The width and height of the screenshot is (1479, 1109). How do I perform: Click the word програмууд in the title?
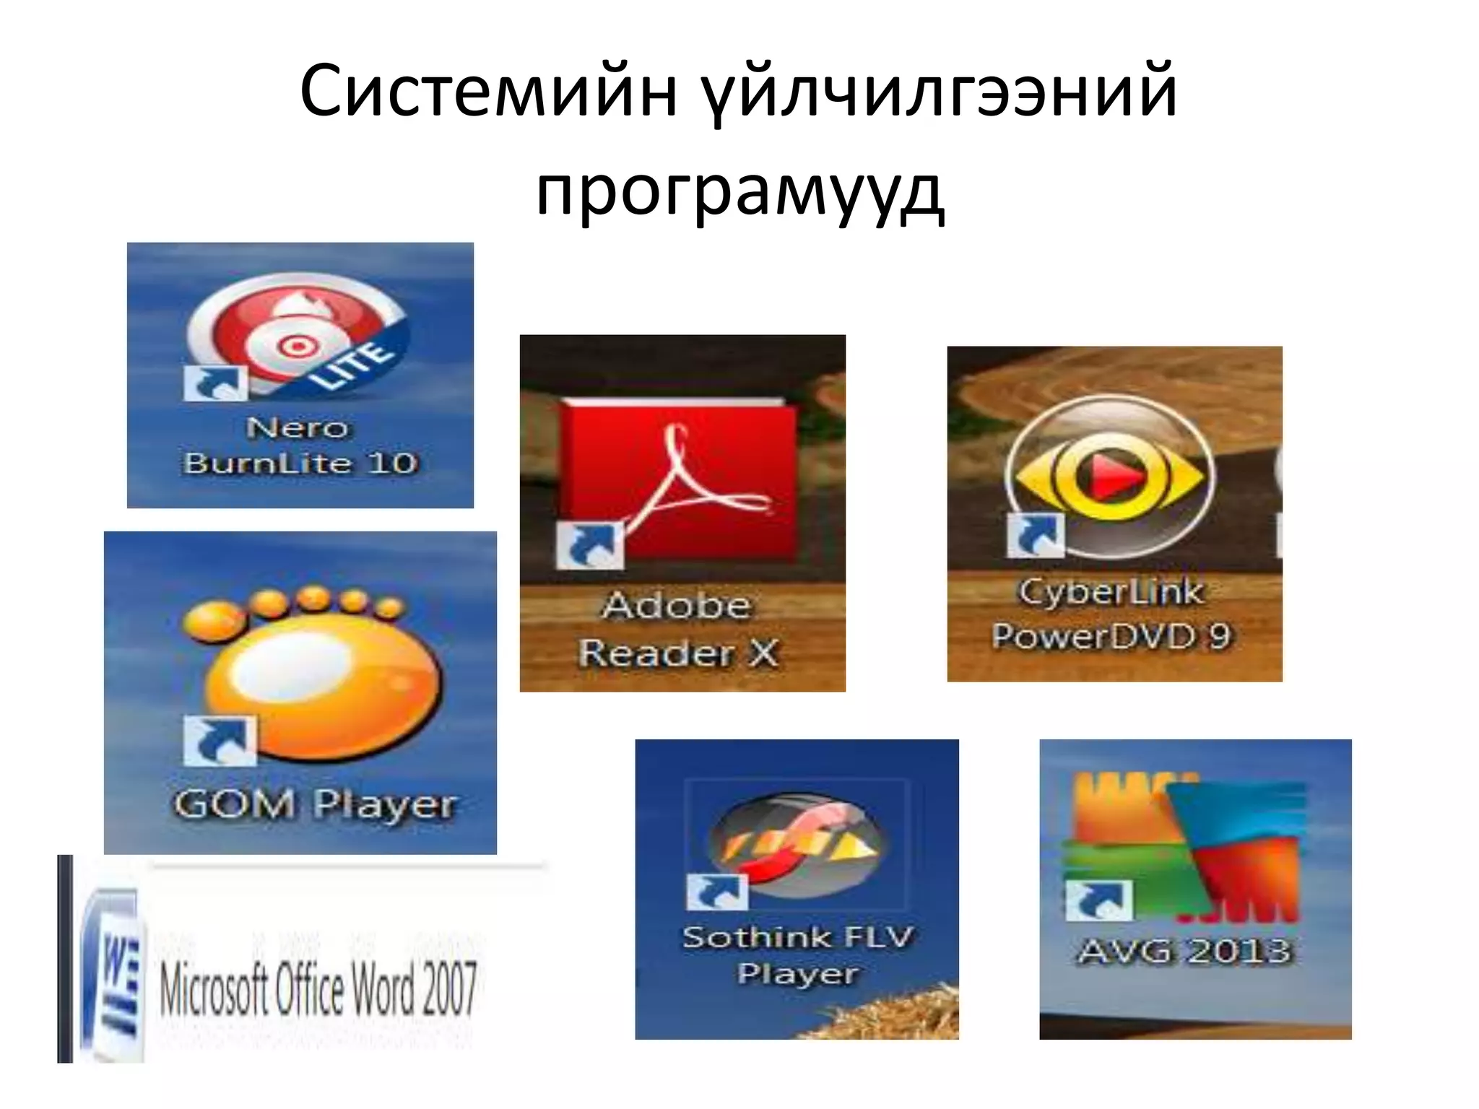[x=739, y=191]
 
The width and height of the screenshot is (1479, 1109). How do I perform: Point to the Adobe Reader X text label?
[x=679, y=629]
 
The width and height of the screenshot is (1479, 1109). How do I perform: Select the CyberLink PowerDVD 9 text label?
[x=1112, y=614]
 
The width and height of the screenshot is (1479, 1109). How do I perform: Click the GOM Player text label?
[x=315, y=804]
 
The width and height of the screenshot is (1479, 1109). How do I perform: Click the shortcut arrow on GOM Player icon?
[x=220, y=741]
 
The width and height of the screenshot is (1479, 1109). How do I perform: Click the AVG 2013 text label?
[x=1185, y=950]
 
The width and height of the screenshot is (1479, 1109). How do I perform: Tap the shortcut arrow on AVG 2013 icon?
[x=1098, y=900]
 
